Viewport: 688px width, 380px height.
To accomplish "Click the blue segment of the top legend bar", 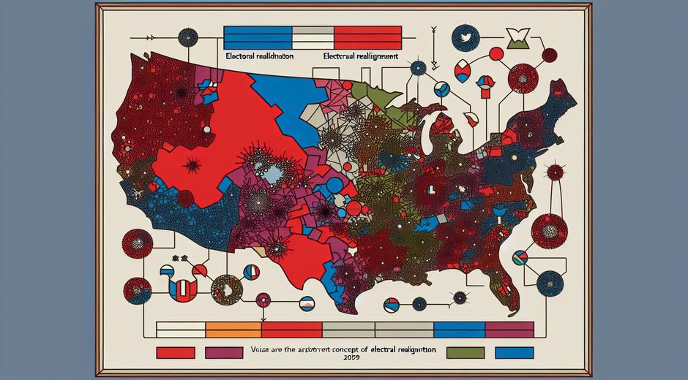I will [258, 34].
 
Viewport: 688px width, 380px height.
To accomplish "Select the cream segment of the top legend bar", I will [313, 34].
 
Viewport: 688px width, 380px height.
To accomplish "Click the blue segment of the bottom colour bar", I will [460, 329].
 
